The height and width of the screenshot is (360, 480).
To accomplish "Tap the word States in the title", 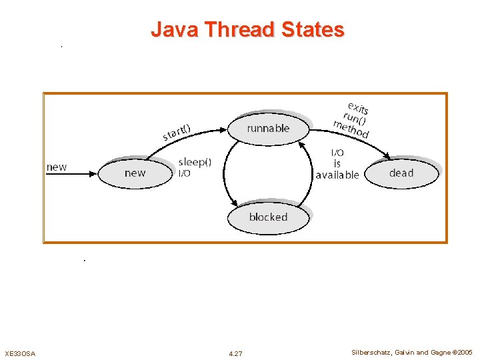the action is click(313, 30).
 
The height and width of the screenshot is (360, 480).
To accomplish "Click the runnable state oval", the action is click(269, 128).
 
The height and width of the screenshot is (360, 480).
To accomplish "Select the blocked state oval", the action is click(268, 217).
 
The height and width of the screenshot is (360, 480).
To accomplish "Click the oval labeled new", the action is click(135, 173).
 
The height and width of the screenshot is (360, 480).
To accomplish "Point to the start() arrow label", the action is click(177, 132).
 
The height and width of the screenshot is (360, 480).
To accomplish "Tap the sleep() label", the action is click(195, 162).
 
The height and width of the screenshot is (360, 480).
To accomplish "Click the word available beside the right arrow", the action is click(337, 175).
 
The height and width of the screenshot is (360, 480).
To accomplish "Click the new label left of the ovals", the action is click(57, 167).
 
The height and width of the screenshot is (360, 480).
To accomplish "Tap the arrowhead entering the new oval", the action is click(94, 174).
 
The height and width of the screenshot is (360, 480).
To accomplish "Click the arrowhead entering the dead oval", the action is click(387, 158).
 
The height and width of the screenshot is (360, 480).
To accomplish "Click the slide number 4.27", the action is click(235, 353).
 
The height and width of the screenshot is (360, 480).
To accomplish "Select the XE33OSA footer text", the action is click(20, 353).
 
